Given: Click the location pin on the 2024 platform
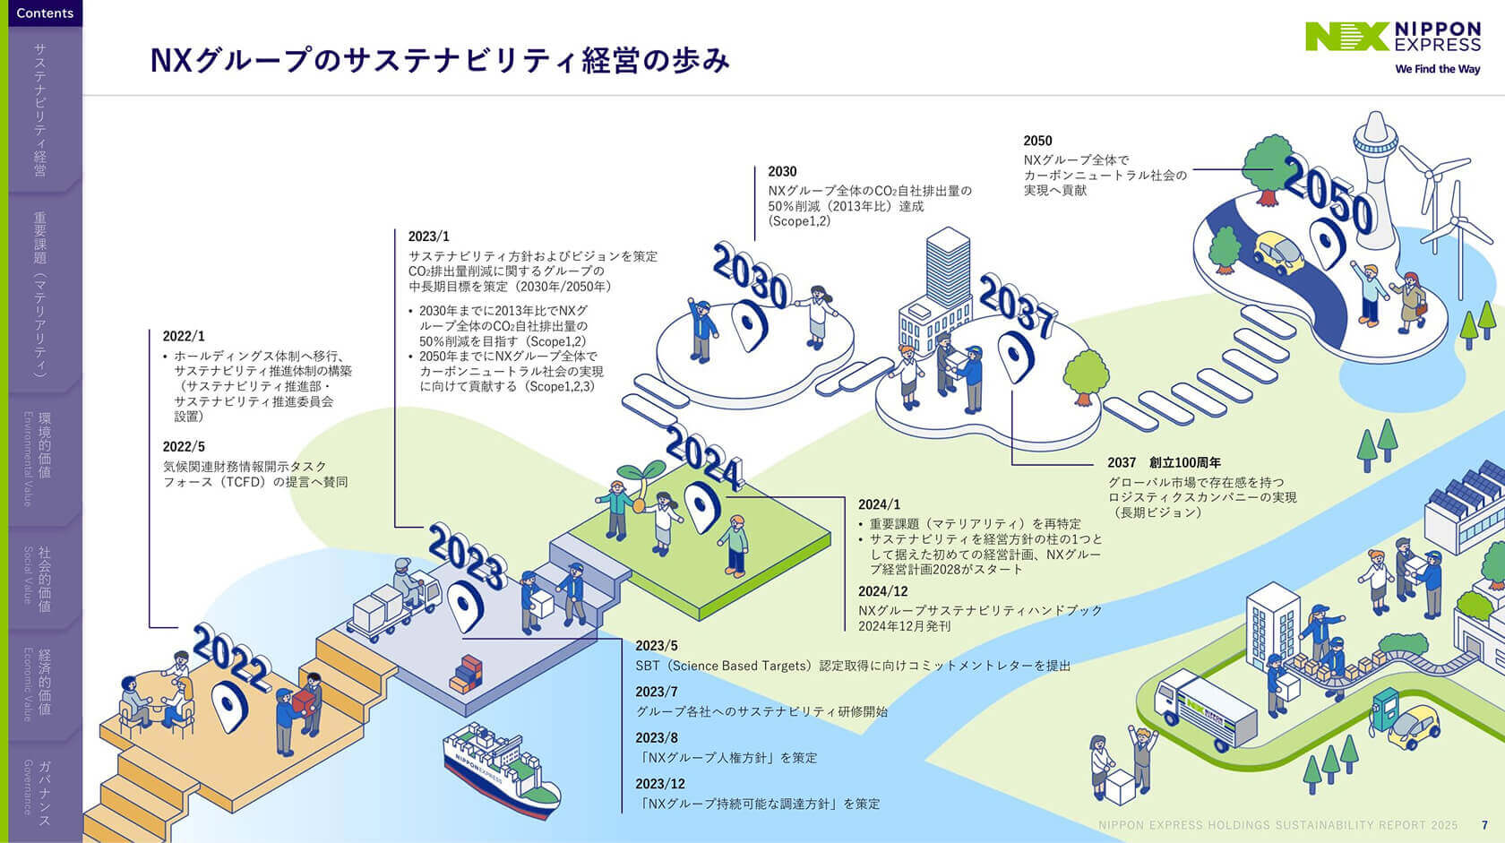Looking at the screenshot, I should (x=701, y=506).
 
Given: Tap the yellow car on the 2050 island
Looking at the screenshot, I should (x=1278, y=253).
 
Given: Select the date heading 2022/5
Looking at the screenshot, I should (x=184, y=446).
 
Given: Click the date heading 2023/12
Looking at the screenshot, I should (x=660, y=784).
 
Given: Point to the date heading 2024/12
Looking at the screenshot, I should (x=882, y=591).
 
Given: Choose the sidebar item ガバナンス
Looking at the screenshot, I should (x=44, y=792).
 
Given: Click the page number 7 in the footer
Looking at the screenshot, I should (x=1484, y=825).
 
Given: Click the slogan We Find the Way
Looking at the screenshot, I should (x=1437, y=69).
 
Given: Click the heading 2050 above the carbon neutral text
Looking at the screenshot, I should (x=1037, y=141).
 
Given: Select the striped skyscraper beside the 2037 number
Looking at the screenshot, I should (x=947, y=270).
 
